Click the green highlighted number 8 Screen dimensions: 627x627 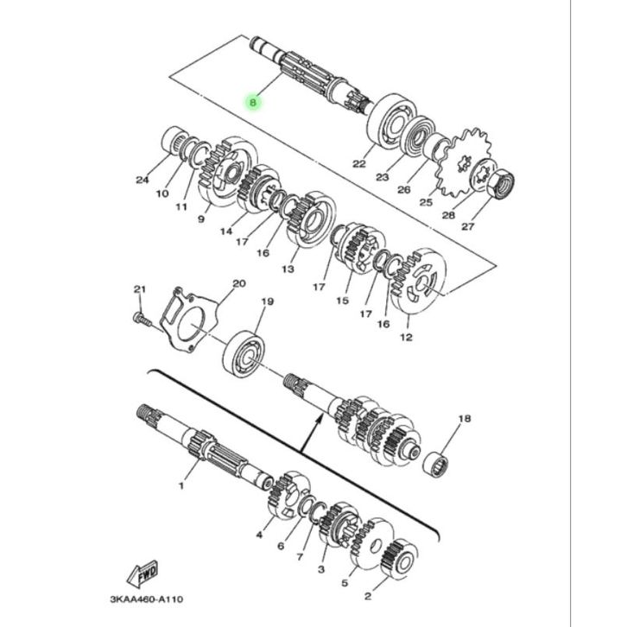pos(253,103)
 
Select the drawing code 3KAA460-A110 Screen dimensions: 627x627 pos(147,599)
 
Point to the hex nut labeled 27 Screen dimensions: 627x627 pos(501,184)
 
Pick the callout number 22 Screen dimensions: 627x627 pos(359,163)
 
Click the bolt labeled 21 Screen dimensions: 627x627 pos(142,319)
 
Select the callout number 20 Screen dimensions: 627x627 pos(239,283)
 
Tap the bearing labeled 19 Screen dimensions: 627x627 pos(244,354)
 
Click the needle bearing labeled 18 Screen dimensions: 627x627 pos(436,464)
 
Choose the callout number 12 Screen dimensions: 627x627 pos(406,337)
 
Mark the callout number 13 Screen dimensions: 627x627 pos(288,269)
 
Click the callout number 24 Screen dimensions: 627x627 pos(142,180)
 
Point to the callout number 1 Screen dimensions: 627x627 pos(181,486)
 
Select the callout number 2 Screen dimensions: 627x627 pos(368,596)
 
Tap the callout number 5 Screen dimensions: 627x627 pos(345,583)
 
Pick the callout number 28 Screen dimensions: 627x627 pos(448,215)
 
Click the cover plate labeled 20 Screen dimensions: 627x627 pos(188,319)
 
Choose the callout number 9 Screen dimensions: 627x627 pos(201,219)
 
